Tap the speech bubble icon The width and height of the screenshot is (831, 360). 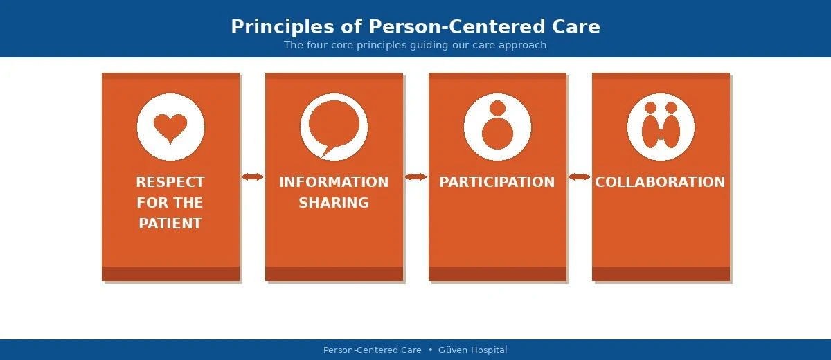click(x=334, y=127)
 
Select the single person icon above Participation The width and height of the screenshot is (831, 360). click(x=497, y=127)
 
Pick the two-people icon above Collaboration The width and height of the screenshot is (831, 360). click(x=661, y=127)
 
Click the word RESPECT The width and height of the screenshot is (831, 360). click(x=170, y=182)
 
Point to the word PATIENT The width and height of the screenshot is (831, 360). click(x=170, y=224)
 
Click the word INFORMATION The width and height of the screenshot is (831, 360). click(x=334, y=182)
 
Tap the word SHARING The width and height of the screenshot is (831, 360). click(x=334, y=203)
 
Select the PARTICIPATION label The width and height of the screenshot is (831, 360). click(x=497, y=182)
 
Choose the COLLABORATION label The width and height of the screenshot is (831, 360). click(x=660, y=182)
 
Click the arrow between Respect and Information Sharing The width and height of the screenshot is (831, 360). click(x=253, y=177)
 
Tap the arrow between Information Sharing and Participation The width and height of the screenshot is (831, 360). click(x=416, y=177)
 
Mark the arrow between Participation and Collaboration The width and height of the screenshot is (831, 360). click(x=580, y=177)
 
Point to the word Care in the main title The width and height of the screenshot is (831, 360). click(x=576, y=27)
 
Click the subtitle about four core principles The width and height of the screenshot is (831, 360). click(x=415, y=45)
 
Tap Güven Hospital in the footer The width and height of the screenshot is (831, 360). click(x=473, y=350)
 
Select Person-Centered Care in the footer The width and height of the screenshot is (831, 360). click(x=373, y=350)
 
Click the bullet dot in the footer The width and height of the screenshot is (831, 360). click(x=430, y=350)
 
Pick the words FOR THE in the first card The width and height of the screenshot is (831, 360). click(x=170, y=203)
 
